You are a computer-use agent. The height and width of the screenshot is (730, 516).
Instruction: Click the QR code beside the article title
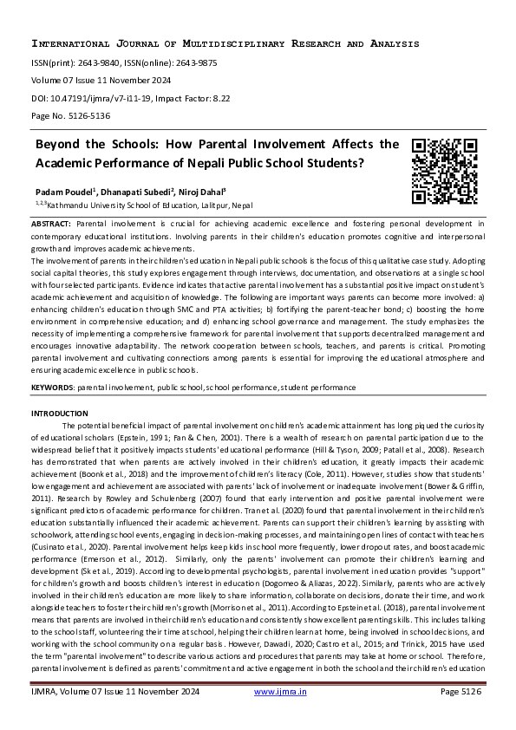444,171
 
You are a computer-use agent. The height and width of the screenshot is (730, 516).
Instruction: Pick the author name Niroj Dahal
201,192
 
